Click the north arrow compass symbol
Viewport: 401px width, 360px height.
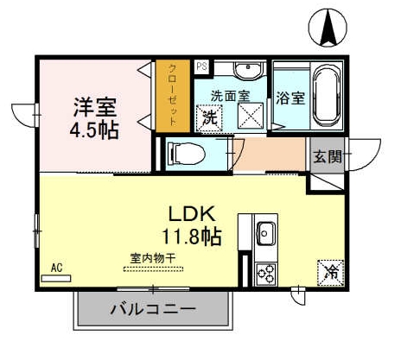[329, 27]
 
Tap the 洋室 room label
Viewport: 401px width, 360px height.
[95, 109]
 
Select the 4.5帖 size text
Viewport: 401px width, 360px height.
[95, 130]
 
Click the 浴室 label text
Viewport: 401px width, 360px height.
[290, 97]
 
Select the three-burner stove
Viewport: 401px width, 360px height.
[265, 272]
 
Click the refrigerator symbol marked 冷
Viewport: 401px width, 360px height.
[331, 272]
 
